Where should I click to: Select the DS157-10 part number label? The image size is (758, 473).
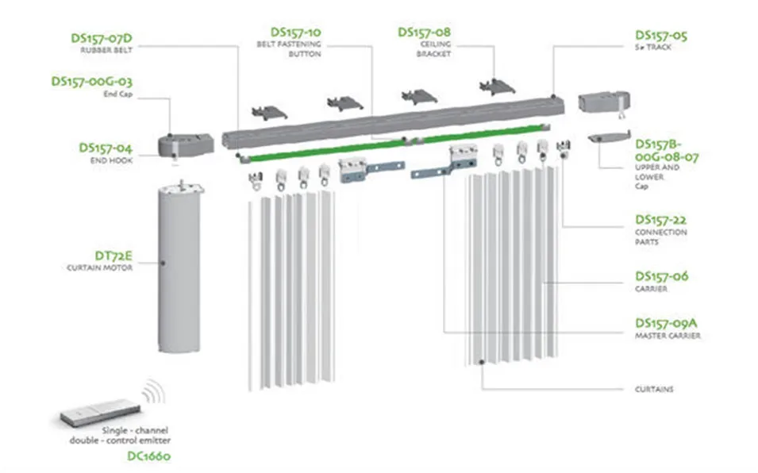coord(295,32)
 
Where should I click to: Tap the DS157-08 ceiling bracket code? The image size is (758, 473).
coord(424,32)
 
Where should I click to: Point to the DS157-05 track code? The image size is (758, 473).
coord(661,36)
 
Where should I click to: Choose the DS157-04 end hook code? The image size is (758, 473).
coord(105,148)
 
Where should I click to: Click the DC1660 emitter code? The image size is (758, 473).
coord(148,456)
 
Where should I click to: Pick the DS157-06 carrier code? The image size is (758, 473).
coord(661,276)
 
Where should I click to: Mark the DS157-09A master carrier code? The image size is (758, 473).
coord(666,323)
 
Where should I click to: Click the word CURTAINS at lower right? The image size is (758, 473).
coord(655,389)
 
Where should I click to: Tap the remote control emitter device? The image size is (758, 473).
coord(102,412)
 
